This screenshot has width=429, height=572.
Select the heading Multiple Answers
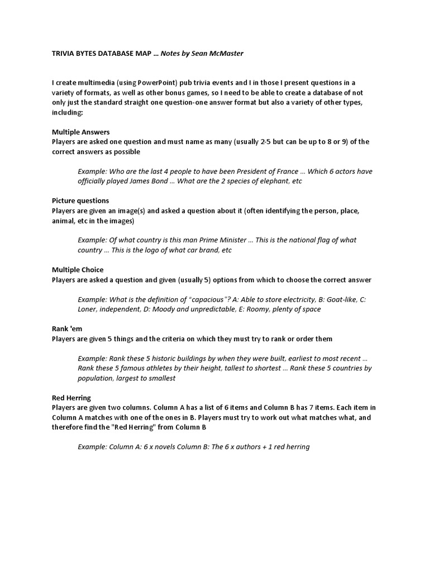click(x=80, y=132)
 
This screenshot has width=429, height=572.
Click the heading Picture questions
click(x=80, y=201)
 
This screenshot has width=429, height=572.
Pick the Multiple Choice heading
click(x=78, y=270)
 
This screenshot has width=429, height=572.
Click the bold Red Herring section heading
click(x=71, y=398)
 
